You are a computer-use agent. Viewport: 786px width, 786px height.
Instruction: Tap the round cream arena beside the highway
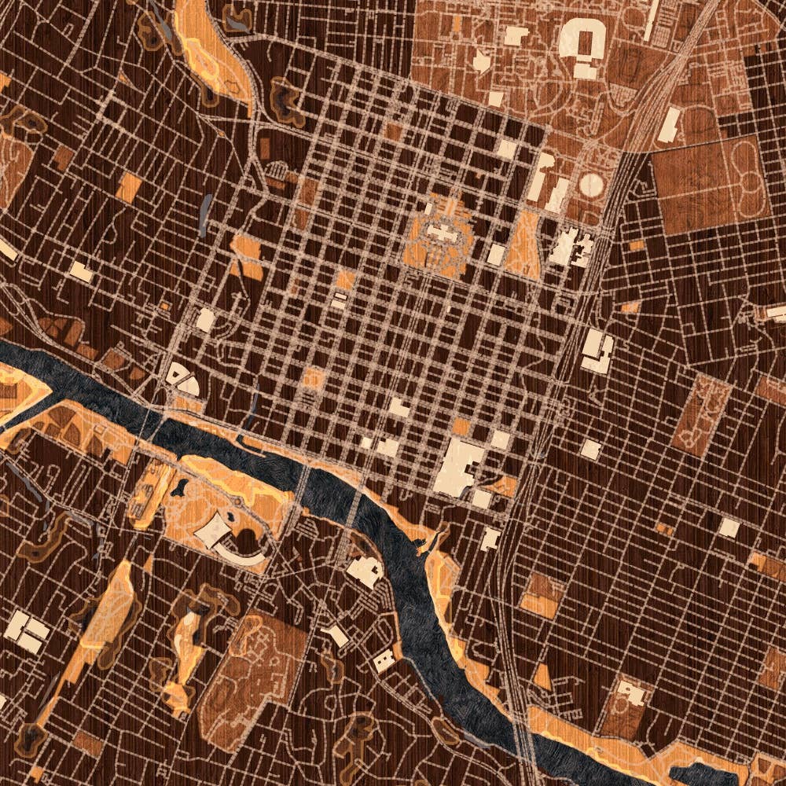593,186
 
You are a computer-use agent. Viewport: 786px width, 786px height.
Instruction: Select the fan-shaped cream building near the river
185,381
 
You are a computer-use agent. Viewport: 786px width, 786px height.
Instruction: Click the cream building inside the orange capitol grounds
440,233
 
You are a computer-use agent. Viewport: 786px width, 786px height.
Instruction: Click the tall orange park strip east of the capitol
523,244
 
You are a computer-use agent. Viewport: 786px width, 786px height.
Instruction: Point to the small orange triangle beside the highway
542,676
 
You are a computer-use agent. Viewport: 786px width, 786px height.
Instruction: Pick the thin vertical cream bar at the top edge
650,20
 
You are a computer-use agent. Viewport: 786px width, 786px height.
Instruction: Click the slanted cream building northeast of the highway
669,126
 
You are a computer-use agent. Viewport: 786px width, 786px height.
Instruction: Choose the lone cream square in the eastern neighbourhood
729,527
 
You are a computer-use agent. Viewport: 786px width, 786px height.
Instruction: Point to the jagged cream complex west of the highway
571,247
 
